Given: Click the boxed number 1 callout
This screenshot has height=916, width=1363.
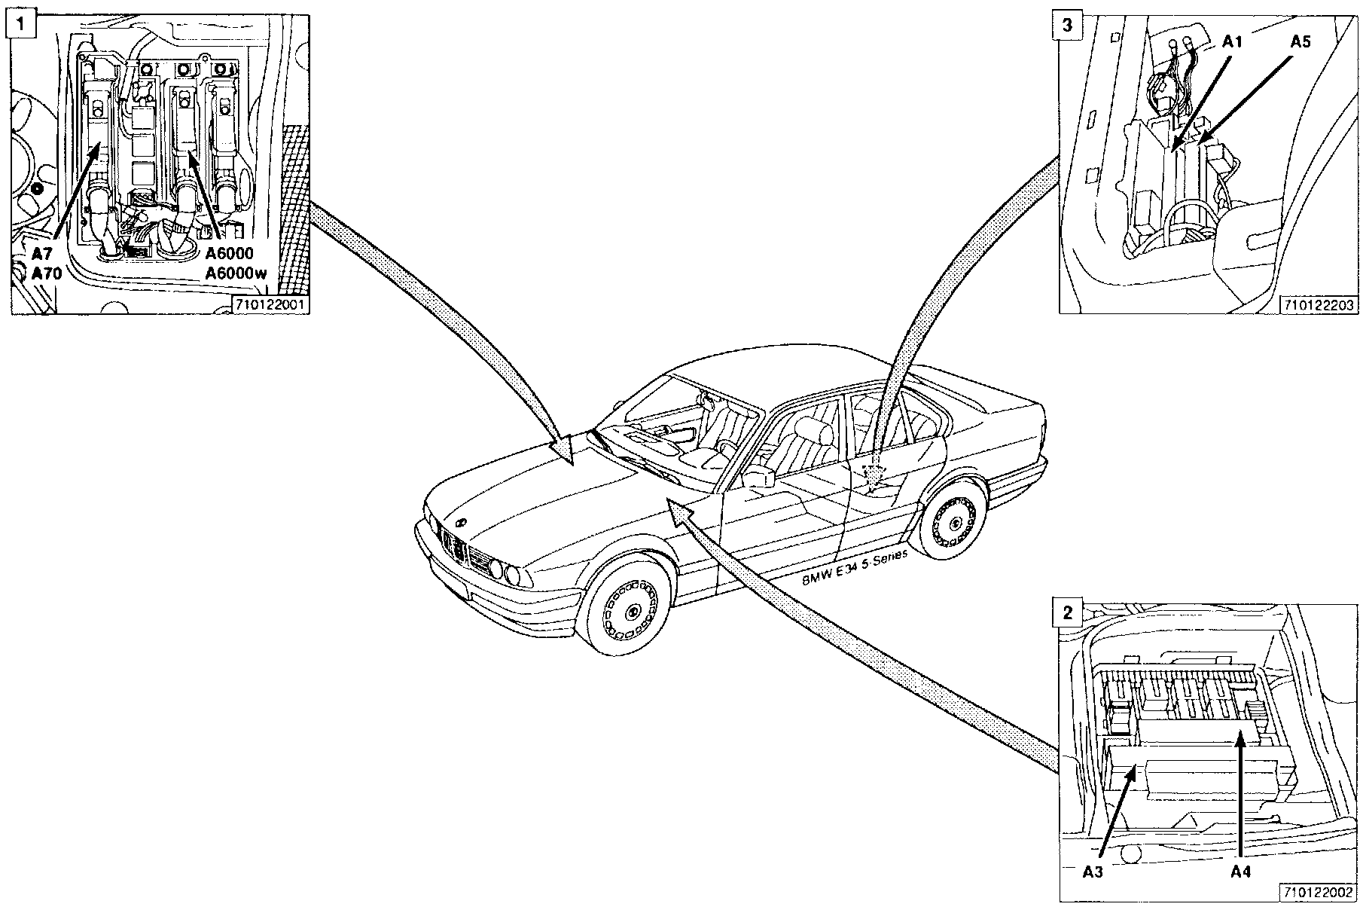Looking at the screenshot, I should click(24, 25).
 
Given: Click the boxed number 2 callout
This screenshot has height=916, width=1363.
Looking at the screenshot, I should click(1067, 612).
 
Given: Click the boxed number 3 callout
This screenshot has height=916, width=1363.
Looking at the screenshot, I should click(1067, 25).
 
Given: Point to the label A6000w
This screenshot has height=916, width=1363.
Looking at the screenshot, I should click(236, 273).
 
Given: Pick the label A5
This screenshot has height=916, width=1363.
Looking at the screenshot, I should click(1300, 42).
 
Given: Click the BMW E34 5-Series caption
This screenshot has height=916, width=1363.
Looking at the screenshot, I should click(855, 566).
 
